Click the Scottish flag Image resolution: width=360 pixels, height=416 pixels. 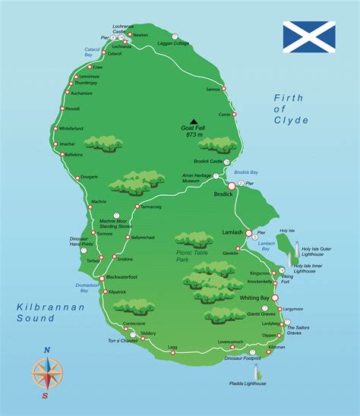point(309,36)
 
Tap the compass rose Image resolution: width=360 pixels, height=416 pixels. point(47,372)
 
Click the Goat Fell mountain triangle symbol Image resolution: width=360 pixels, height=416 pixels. point(194,120)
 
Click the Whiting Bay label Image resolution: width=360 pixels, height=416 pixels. point(254,298)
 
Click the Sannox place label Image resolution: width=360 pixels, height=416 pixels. point(213,89)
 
